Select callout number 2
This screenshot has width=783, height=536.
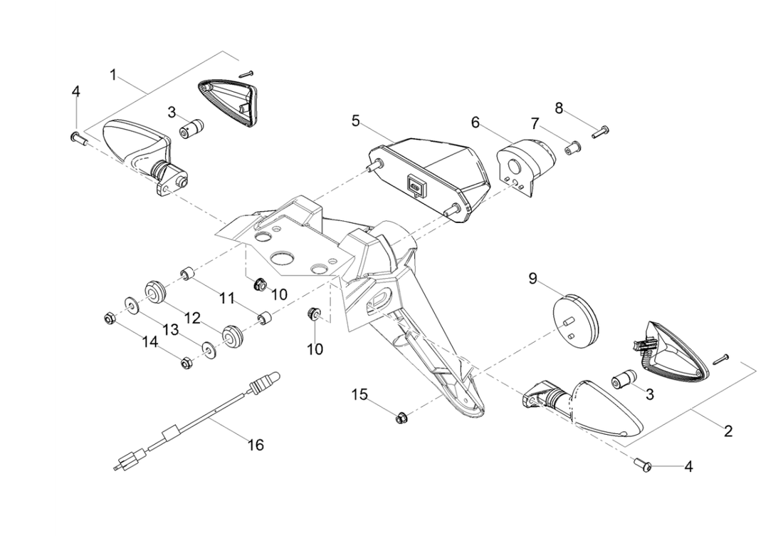(727, 431)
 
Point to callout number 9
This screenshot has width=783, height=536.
(532, 278)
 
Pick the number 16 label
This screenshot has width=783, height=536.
(256, 445)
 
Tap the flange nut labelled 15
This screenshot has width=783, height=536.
(400, 418)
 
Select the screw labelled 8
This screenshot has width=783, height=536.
(600, 131)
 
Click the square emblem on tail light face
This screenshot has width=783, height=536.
(415, 185)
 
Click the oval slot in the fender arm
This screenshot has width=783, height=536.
(377, 294)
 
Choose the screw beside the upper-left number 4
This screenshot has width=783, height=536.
(78, 138)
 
